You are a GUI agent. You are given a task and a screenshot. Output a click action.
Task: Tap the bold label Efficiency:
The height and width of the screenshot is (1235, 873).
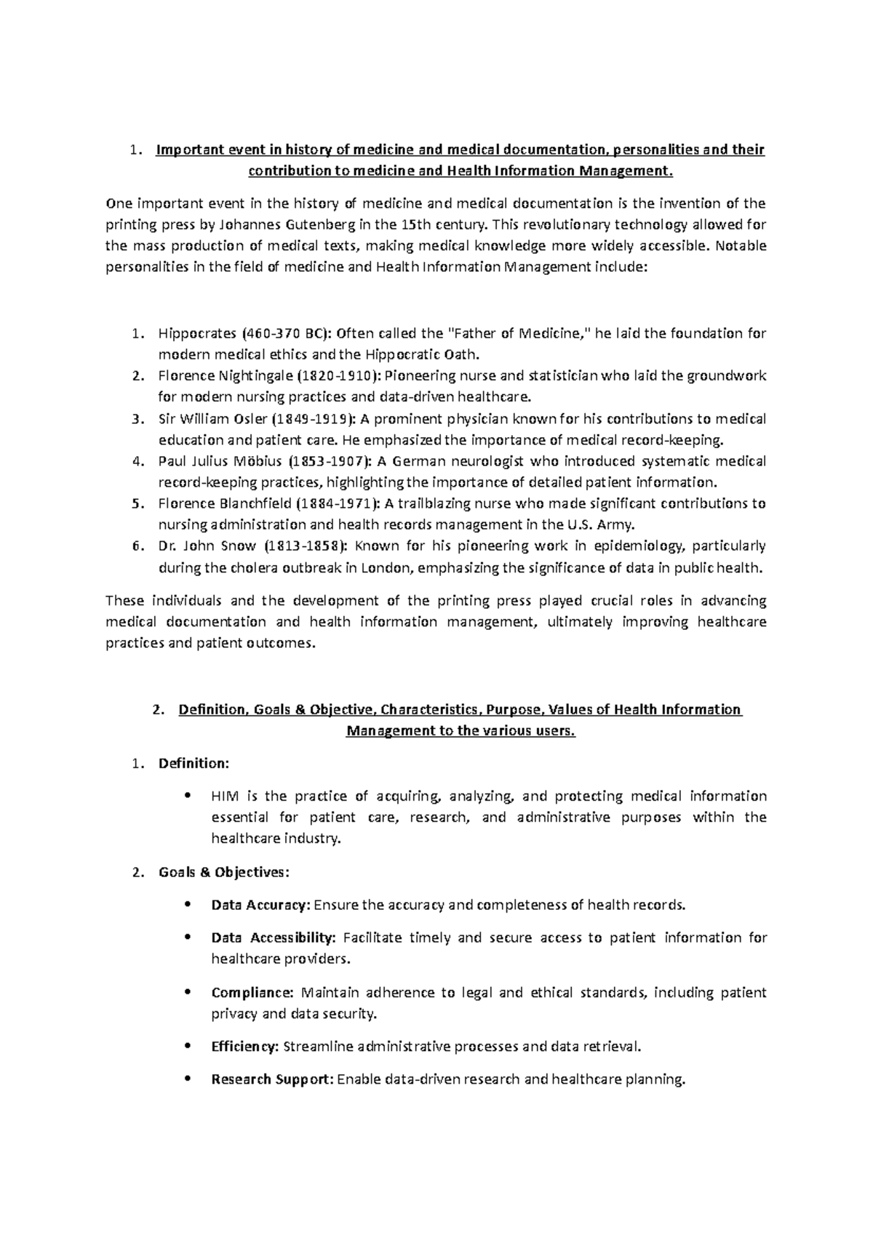(244, 1047)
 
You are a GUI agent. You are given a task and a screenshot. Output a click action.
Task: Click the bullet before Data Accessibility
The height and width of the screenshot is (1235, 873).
(188, 938)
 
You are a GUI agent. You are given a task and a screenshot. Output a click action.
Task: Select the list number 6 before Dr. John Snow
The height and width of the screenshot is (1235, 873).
(136, 546)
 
